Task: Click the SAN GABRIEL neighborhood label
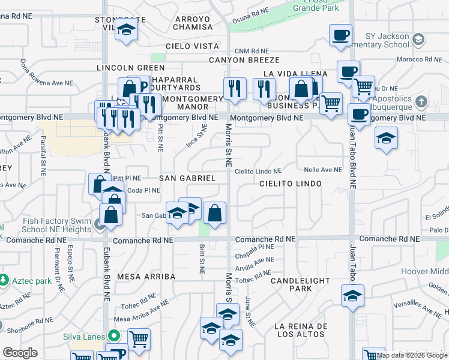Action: pos(187,179)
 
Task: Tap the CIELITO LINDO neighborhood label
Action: pos(291,183)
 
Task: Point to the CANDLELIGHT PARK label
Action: pos(300,284)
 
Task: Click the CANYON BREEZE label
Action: pos(244,60)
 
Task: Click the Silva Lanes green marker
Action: pos(112,336)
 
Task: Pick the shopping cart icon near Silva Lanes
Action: pos(139,340)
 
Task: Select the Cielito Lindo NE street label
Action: pos(258,172)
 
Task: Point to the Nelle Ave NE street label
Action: pos(322,170)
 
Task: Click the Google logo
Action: pos(20,353)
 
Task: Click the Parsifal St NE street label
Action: pos(43,155)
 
